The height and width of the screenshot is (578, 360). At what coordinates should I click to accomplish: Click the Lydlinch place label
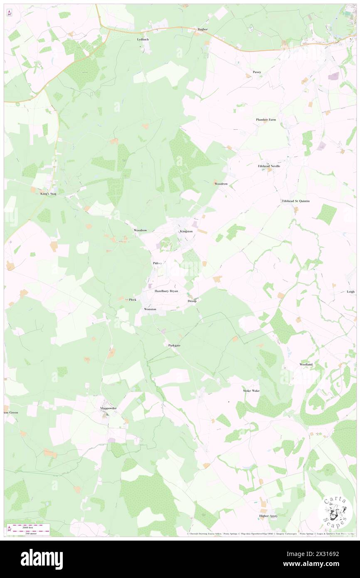coord(143,39)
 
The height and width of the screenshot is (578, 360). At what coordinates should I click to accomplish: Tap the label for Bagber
coord(202,29)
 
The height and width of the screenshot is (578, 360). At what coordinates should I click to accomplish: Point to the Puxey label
coord(257,72)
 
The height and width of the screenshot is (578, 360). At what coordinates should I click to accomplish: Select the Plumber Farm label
coord(266,120)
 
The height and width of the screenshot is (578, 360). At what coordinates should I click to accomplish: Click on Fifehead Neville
coord(269,165)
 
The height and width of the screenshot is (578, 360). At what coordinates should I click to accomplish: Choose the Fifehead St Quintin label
coord(296,201)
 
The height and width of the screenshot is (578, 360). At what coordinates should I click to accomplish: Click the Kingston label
coord(186,231)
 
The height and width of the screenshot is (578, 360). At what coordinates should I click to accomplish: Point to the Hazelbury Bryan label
coord(166,291)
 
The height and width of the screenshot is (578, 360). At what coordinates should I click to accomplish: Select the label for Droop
coord(192,301)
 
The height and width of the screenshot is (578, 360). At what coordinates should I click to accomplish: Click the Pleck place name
coord(133,299)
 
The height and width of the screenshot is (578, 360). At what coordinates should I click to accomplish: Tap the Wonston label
coord(150,309)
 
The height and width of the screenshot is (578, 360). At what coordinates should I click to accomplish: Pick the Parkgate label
coord(174,346)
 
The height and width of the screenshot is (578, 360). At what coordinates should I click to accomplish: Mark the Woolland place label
coord(306,364)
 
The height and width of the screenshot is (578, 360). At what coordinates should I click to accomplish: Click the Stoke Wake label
coord(251,391)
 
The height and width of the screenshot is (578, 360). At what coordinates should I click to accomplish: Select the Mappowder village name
coord(108,408)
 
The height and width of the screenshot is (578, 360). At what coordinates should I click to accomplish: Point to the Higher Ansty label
coord(268,516)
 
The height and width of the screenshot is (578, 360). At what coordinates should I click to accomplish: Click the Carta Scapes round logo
coord(335,512)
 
